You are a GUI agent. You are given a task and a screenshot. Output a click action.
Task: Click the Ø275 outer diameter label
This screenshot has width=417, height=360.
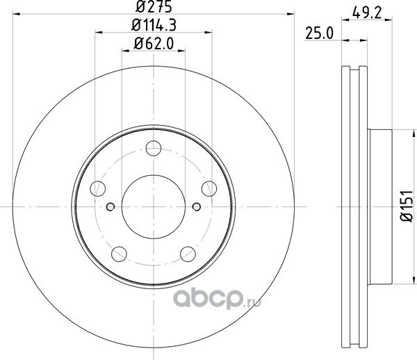coord(154,7)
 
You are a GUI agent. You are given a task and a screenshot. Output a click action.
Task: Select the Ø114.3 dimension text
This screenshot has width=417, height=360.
coord(154,26)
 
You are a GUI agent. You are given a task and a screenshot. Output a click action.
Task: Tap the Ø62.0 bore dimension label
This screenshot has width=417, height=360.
coord(154,44)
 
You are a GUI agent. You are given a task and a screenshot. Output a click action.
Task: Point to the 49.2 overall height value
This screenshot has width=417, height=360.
coord(367,13)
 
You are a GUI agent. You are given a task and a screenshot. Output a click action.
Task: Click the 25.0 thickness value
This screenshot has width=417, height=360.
coord(320,33)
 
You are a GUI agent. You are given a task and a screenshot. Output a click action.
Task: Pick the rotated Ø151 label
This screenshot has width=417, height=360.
coord(407,206)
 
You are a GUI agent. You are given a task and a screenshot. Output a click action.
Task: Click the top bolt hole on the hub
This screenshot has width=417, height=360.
coord(154,148)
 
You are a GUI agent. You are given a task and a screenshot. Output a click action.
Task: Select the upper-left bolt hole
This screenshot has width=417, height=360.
coord(98,189)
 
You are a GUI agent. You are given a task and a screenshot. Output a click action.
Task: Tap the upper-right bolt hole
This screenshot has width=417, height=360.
coord(209,189)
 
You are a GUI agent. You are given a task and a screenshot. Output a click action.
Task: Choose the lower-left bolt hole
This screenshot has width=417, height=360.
coord(119,254)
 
